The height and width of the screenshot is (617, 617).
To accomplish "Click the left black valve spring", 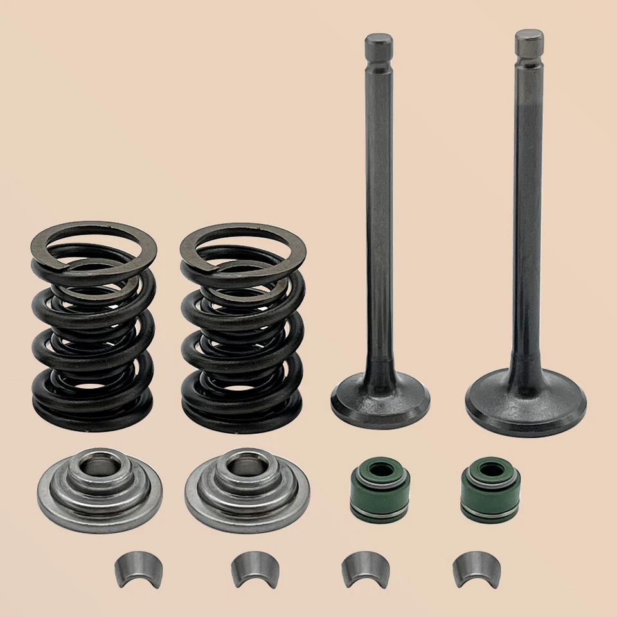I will click(94, 328).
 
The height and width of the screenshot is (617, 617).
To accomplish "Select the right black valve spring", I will click(243, 328).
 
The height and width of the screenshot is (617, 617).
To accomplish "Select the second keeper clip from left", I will click(254, 569).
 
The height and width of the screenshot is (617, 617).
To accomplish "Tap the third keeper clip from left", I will click(364, 569).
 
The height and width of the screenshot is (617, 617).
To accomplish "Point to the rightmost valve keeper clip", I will click(476, 569).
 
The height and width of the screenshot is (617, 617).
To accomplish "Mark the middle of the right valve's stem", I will click(528, 212).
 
